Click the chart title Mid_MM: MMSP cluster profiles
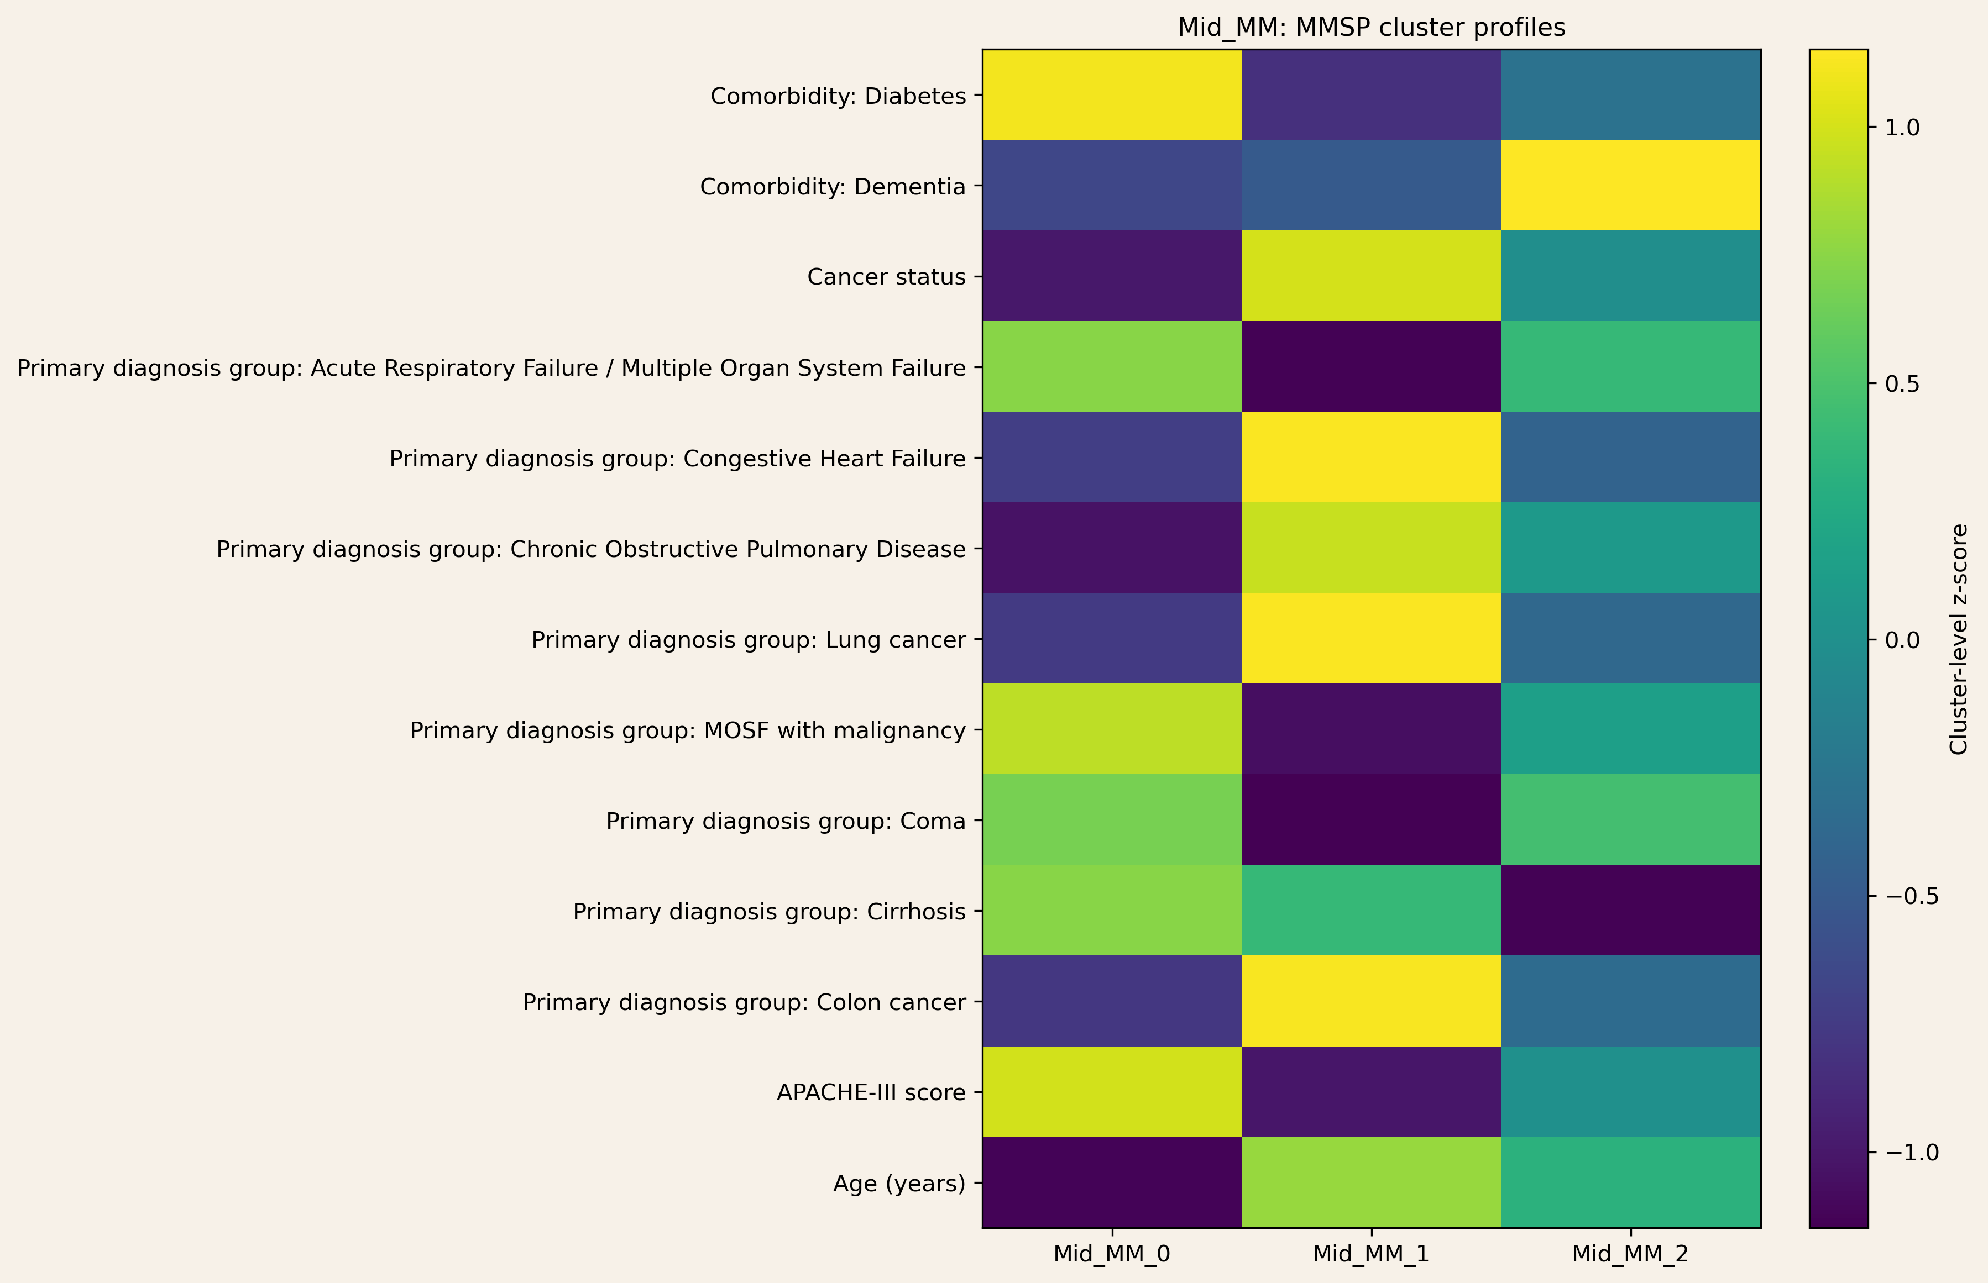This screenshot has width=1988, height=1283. (x=1371, y=28)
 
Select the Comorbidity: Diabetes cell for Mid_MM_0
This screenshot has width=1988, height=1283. (x=1112, y=95)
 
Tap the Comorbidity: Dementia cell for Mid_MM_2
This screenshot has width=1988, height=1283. (x=1630, y=186)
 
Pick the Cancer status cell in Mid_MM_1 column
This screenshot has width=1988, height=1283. (x=1371, y=276)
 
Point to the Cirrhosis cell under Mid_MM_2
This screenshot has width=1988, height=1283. (x=1630, y=911)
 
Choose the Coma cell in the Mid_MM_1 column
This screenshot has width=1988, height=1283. (x=1371, y=820)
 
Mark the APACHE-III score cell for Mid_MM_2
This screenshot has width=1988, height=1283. (x=1630, y=1091)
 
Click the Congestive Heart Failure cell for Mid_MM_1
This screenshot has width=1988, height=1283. (x=1371, y=458)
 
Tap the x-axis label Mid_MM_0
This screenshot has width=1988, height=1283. (x=1112, y=1254)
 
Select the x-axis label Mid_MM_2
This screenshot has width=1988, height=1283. (x=1630, y=1254)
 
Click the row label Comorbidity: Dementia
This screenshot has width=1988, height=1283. (x=832, y=187)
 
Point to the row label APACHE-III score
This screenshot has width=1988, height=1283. (x=871, y=1092)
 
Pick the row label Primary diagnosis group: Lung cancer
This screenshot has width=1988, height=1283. (x=749, y=640)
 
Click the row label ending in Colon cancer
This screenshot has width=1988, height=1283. (x=744, y=1002)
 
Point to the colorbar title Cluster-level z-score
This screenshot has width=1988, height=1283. (x=1959, y=639)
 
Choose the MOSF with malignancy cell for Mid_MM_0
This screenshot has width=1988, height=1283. (x=1112, y=729)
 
